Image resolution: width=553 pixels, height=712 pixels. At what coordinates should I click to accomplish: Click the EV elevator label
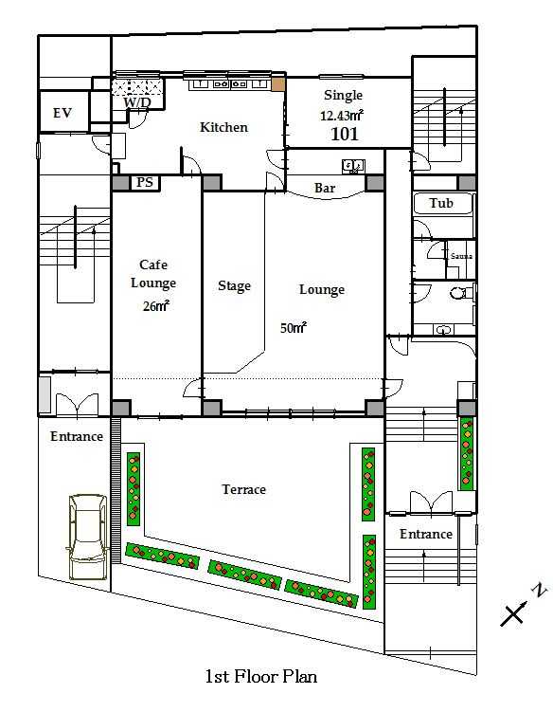(x=62, y=113)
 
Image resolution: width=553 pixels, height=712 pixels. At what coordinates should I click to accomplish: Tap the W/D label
(x=137, y=102)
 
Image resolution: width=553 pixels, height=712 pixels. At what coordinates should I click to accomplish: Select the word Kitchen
(x=224, y=127)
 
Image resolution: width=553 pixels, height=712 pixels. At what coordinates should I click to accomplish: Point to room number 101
(x=345, y=134)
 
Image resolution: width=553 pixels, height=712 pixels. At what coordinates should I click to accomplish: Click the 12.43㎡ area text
(x=342, y=116)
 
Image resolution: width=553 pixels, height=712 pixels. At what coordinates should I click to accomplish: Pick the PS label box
(x=145, y=183)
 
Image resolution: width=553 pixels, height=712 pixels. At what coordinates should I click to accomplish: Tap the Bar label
(x=325, y=188)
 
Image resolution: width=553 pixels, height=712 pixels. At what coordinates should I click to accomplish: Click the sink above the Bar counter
(x=353, y=166)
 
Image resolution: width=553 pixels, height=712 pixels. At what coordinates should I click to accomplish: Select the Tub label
(x=441, y=203)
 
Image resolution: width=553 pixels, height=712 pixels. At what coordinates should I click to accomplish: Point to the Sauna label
(x=461, y=256)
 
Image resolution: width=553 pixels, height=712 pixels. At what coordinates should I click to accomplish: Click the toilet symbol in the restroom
(x=462, y=292)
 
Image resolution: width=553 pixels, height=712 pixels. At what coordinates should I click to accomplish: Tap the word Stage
(x=234, y=286)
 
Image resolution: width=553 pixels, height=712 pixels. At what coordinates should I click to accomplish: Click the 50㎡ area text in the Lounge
(x=294, y=327)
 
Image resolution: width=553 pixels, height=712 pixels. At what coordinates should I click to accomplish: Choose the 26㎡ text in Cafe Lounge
(x=155, y=306)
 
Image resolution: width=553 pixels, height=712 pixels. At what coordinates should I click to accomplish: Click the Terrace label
(x=243, y=489)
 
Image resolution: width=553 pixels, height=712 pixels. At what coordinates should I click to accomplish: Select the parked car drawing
(x=88, y=537)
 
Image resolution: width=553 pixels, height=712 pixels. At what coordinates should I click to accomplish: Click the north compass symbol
(x=523, y=606)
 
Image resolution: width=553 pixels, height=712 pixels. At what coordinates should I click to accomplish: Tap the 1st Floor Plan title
(x=260, y=677)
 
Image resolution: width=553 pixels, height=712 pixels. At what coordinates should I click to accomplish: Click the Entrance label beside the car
(x=77, y=436)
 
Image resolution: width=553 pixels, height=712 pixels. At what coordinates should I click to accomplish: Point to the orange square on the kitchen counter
(x=278, y=84)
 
